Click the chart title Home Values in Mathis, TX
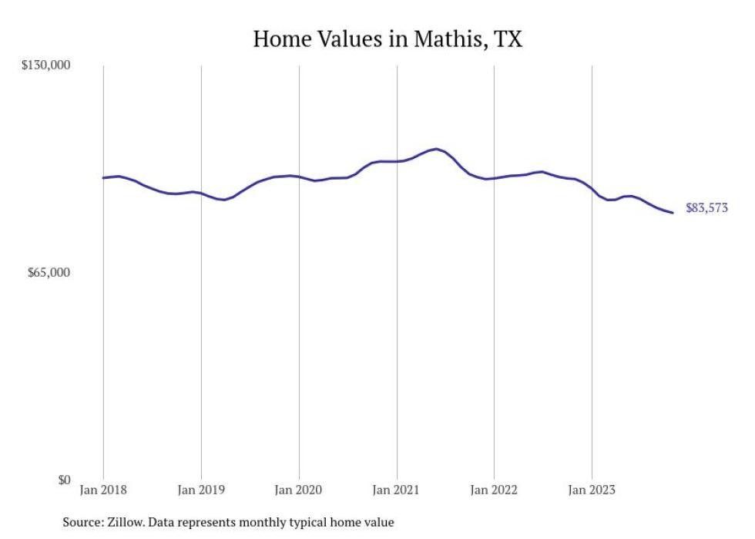[388, 39]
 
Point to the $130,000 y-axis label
[45, 66]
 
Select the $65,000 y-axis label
[48, 273]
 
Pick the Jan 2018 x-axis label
[103, 490]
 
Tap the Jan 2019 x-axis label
[201, 490]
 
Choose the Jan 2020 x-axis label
[299, 490]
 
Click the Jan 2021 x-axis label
[397, 490]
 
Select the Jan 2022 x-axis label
[494, 490]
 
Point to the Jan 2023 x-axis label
[592, 490]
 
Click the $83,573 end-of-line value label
[706, 208]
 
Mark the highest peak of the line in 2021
[436, 149]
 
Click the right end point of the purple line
[673, 213]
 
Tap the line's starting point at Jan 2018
[103, 177]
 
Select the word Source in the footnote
[82, 523]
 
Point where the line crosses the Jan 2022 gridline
[494, 178]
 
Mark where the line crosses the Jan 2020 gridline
[299, 177]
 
